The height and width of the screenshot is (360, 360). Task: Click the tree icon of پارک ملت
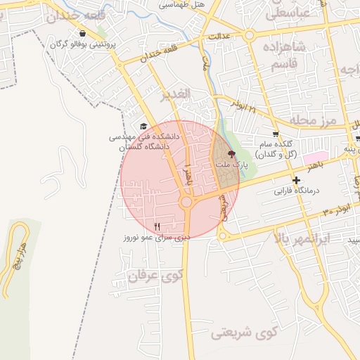[233, 153]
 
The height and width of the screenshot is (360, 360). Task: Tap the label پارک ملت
[232, 165]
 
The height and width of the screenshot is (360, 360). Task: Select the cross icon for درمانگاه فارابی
[297, 181]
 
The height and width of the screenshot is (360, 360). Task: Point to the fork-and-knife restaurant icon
[157, 226]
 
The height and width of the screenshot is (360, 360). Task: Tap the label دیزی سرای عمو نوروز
[156, 238]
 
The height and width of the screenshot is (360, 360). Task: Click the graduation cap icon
[144, 127]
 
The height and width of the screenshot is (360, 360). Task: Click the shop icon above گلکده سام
[276, 134]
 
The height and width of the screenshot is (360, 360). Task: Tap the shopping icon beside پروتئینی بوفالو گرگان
[83, 33]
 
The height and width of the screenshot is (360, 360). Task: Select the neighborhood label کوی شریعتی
[245, 331]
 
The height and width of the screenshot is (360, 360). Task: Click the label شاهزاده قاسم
[285, 56]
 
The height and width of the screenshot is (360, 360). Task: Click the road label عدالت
[219, 35]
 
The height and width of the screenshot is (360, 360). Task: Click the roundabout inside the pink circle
[186, 202]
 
